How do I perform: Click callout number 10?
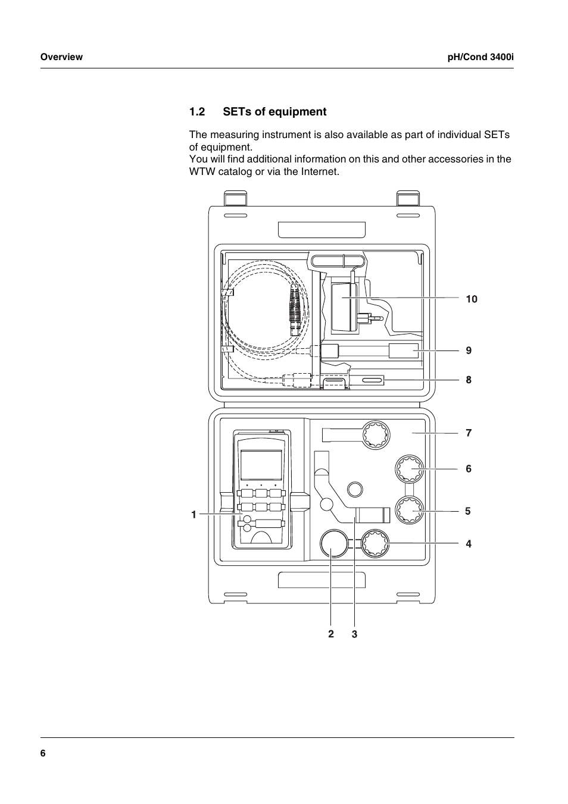coord(472,299)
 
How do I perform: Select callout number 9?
coord(469,351)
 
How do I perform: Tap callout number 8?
coord(469,380)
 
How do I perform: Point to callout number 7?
coord(469,433)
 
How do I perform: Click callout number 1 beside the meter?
coord(194,515)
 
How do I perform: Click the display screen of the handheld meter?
coord(261,465)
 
